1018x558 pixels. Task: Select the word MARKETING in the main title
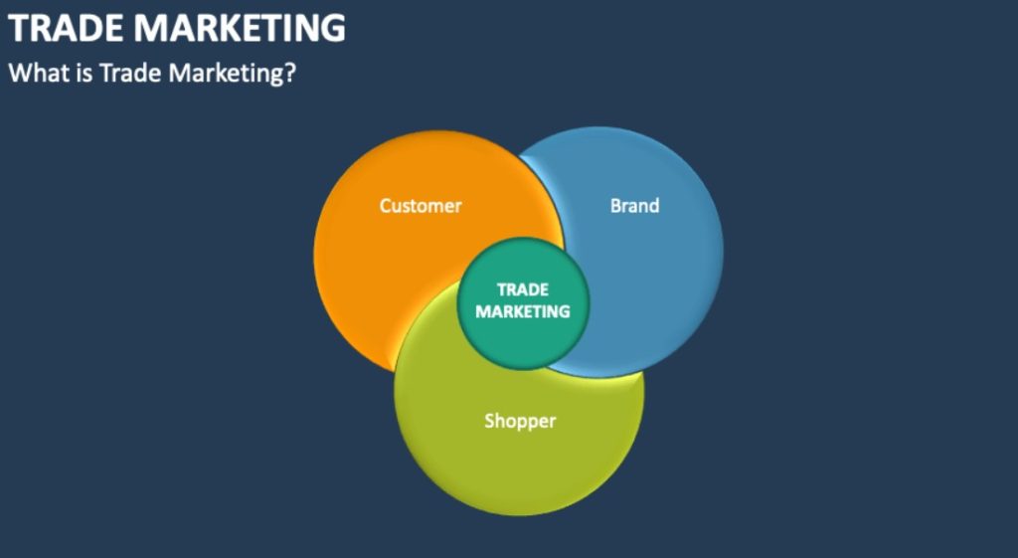[240, 28]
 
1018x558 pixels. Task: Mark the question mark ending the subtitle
[290, 73]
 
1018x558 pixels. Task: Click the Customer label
[421, 206]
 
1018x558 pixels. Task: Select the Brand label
[634, 206]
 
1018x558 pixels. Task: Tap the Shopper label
[520, 422]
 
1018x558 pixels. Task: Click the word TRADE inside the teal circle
[523, 289]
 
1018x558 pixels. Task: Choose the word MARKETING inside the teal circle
[523, 311]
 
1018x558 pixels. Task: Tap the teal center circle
[523, 303]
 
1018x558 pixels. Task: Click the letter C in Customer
[386, 206]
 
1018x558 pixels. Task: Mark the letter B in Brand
[616, 206]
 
